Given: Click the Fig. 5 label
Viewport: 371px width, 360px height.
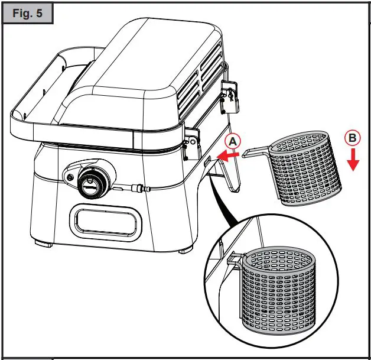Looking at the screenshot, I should (27, 14).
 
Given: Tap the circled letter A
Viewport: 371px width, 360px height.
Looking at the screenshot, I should (233, 141).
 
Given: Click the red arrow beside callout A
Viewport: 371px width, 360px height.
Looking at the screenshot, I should (229, 155).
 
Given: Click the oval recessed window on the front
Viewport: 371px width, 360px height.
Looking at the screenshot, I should (107, 222).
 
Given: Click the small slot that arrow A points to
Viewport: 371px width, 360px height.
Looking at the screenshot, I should (208, 159).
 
